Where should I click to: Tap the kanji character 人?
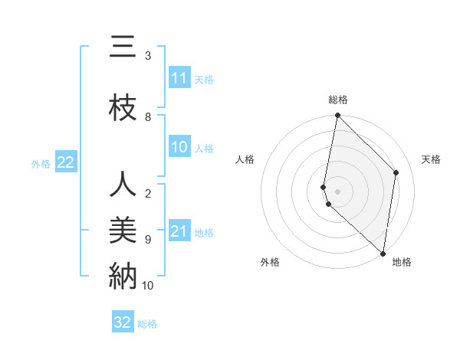123,185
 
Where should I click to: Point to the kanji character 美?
123,229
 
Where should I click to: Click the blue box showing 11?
179,78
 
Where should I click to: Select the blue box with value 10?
179,148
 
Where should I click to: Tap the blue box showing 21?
179,231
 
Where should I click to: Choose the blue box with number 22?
66,162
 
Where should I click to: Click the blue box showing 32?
123,322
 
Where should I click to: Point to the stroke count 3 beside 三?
148,56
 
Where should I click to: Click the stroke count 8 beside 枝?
148,116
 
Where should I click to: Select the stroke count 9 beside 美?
148,239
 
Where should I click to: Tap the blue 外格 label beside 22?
41,163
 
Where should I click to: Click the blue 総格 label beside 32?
147,324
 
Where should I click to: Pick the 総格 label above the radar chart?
338,100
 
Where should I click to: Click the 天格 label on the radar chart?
432,159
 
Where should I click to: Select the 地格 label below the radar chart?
402,262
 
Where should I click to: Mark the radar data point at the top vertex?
337,116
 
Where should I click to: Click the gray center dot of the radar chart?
337,191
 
